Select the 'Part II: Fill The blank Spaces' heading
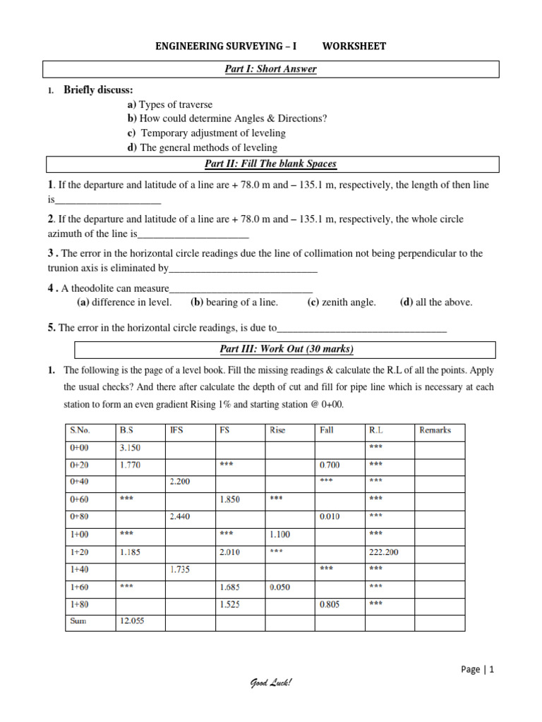[272, 164]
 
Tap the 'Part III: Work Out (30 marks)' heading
[285, 349]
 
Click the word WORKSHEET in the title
[354, 47]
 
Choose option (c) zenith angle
[342, 302]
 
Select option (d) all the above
[436, 302]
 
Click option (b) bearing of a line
[234, 302]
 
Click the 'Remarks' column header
[435, 430]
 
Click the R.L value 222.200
[383, 552]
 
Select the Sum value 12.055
[132, 621]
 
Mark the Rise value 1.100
[280, 534]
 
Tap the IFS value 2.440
[181, 517]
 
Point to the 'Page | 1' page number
[478, 670]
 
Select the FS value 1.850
[231, 500]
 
